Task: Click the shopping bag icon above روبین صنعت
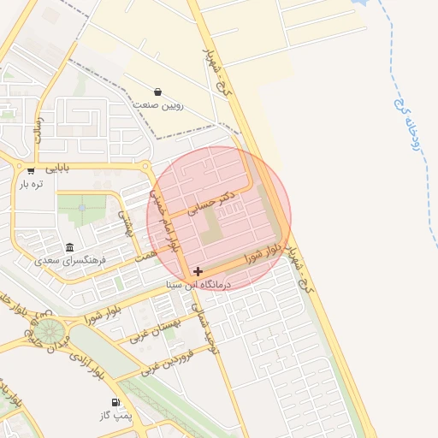[x=158, y=92]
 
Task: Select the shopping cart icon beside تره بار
[x=32, y=169]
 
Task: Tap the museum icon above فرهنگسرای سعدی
[x=69, y=247]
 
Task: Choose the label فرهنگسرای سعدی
[x=69, y=260]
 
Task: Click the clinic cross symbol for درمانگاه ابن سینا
[x=198, y=271]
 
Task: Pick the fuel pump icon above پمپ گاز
[x=114, y=402]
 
